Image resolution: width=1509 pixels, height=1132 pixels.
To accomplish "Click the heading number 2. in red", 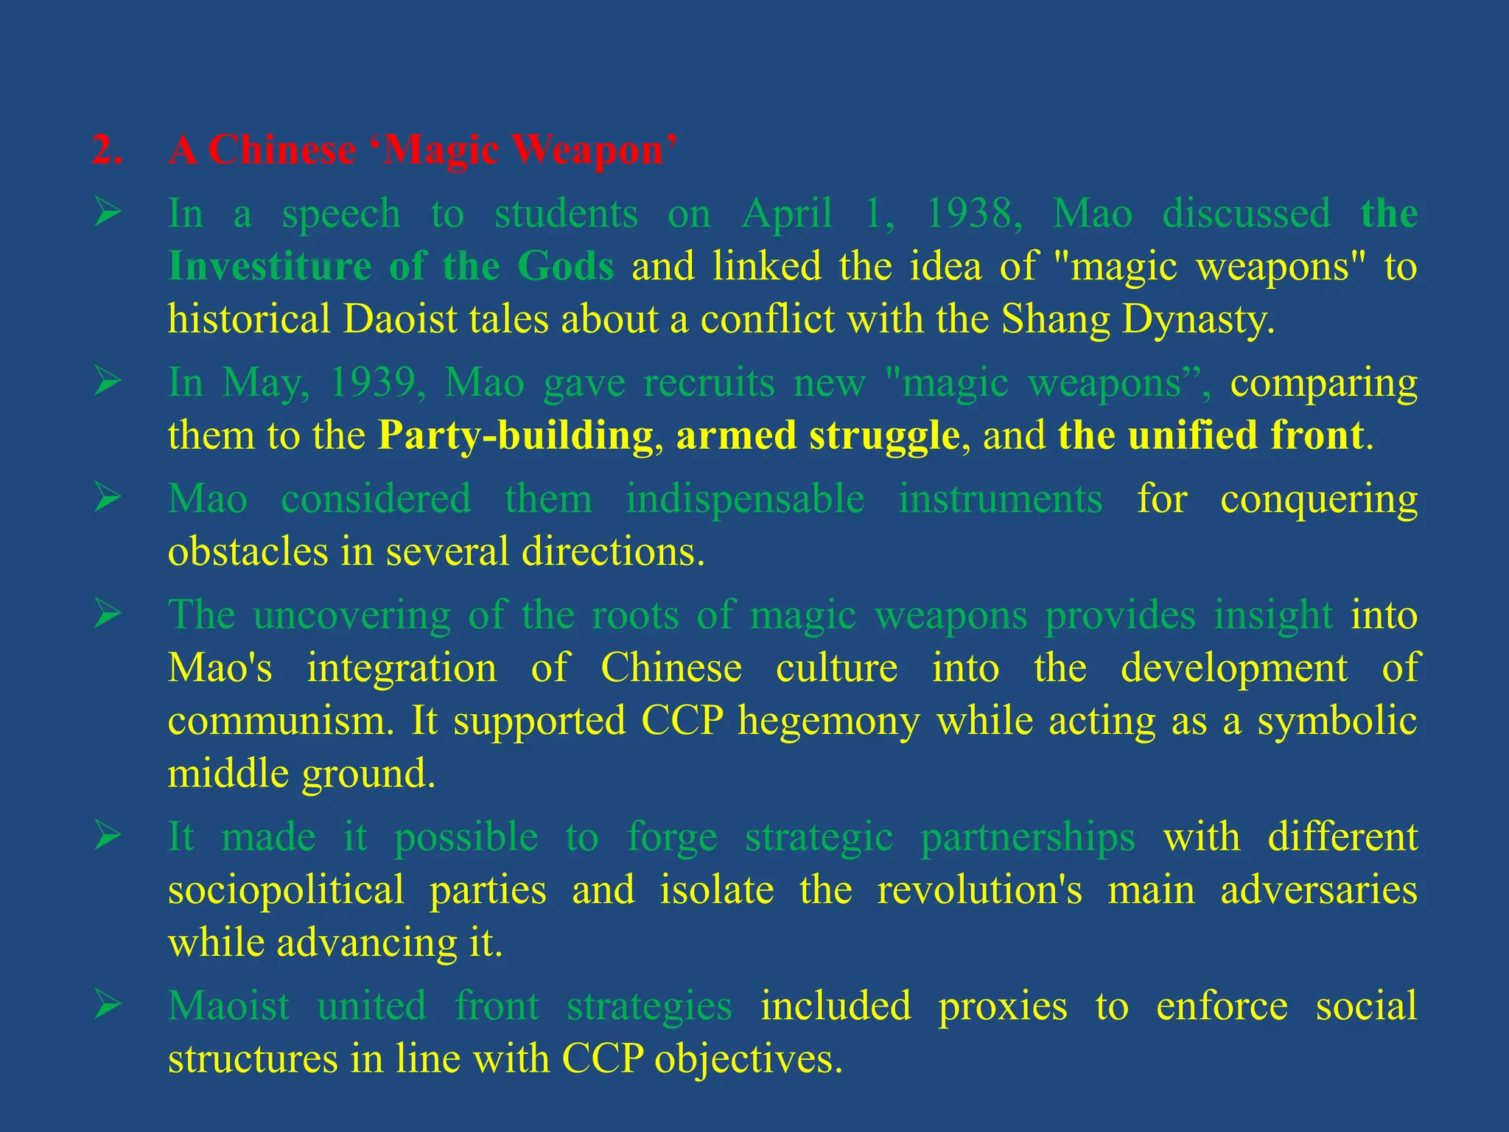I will tap(108, 150).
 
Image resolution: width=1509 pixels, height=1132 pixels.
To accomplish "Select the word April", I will tap(787, 214).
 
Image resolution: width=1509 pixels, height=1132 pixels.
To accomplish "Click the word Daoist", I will tap(400, 319).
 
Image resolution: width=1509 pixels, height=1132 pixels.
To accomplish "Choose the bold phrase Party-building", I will tap(516, 436).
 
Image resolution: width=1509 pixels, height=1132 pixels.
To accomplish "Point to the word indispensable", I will tap(745, 499).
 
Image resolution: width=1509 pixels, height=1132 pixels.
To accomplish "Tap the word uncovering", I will tap(351, 615).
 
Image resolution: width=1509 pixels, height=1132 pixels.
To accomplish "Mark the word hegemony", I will tap(828, 720).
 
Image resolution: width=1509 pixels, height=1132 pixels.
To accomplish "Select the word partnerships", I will tap(1028, 837).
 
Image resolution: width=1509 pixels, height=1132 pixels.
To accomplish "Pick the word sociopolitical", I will tap(286, 890).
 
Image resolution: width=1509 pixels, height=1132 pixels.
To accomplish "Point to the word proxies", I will tap(1002, 1006).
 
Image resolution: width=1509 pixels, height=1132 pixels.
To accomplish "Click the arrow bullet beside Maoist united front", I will tap(108, 1005).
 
